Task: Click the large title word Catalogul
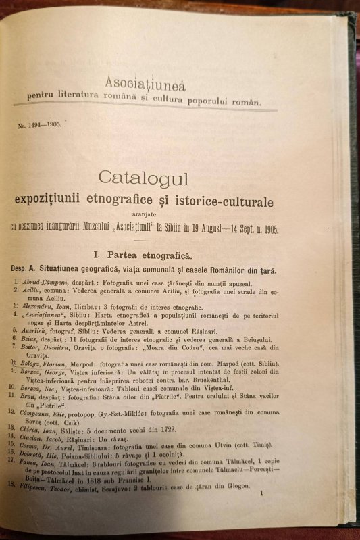pyautogui.click(x=143, y=178)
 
